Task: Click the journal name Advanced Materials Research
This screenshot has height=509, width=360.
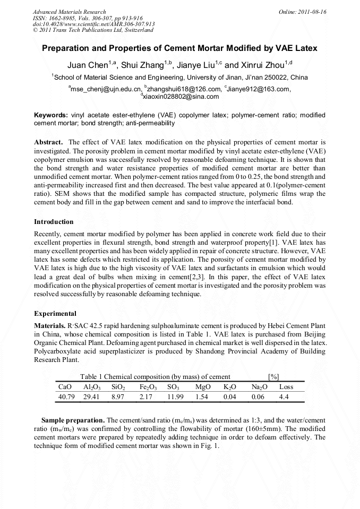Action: click(69, 12)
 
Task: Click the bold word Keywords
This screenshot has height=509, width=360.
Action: click(51, 115)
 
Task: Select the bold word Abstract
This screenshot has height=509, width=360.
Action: click(49, 142)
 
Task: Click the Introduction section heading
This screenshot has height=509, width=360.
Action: click(54, 221)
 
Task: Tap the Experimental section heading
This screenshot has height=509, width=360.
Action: click(55, 313)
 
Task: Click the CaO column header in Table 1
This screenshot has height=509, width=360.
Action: click(64, 387)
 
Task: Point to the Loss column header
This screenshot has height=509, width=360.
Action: click(286, 387)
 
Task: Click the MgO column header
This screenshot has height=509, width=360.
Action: click(203, 387)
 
